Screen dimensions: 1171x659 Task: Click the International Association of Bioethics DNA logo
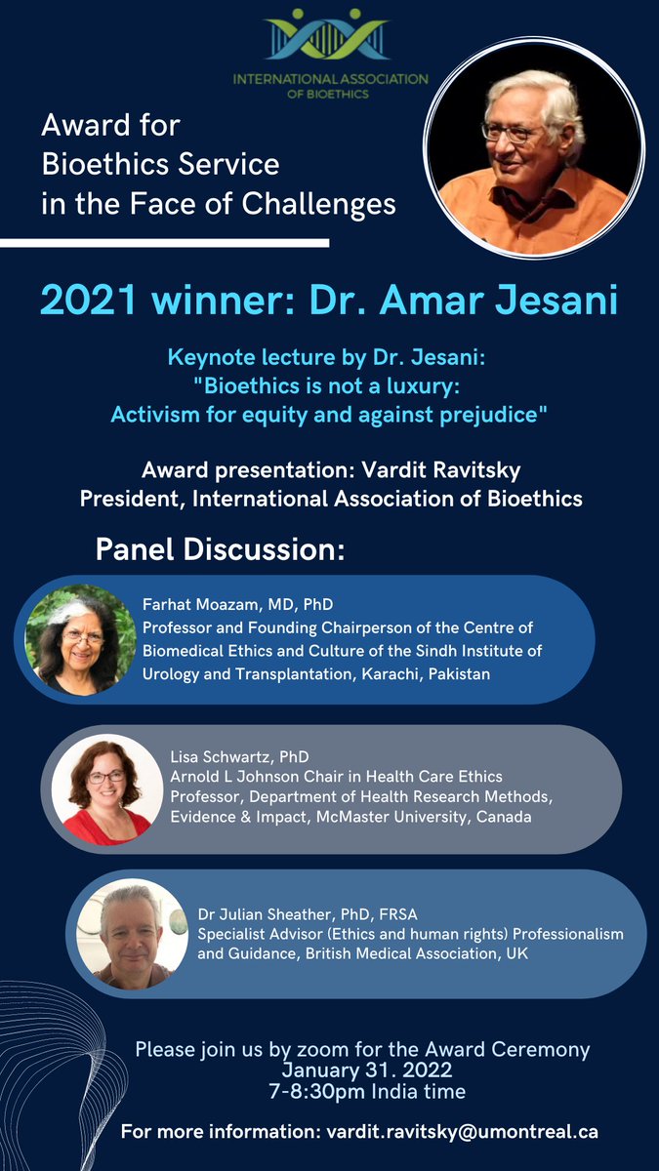330,36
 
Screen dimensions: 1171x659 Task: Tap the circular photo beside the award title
533,147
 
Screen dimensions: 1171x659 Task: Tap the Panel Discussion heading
220,549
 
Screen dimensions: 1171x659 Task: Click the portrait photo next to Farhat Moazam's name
72,639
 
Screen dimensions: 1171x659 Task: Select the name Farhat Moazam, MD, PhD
237,605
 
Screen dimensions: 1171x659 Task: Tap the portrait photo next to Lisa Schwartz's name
106,788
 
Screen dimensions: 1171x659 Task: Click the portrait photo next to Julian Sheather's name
131,935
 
